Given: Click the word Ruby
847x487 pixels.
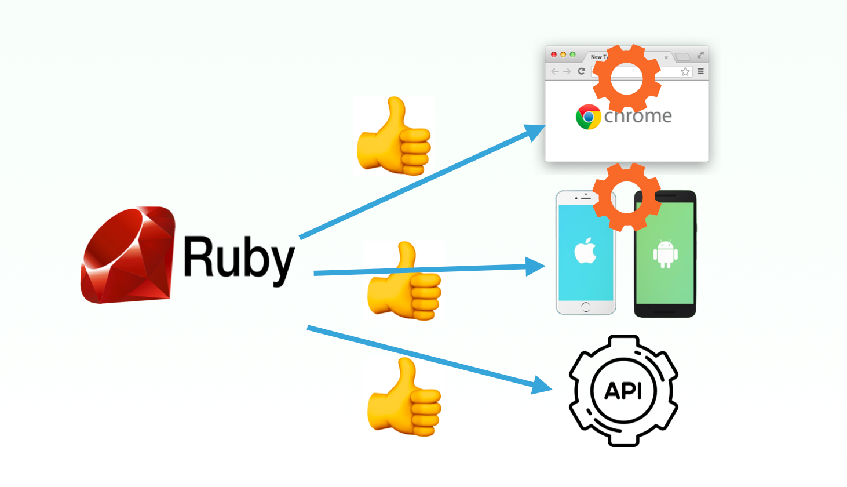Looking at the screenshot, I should coord(239,258).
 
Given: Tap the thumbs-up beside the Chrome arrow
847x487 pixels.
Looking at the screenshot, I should coord(394,137).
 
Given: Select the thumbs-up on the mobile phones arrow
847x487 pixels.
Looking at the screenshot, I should coord(404,282).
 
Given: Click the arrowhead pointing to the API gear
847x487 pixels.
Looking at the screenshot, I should coord(541,385).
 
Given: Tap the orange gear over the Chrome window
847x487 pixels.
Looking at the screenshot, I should coord(626,78).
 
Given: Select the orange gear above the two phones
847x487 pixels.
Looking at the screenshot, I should coord(626,197).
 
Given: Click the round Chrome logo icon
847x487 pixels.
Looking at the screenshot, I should coord(588,117).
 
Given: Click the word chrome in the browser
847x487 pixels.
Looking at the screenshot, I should coord(638,116).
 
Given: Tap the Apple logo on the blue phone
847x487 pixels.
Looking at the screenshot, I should coord(585,251).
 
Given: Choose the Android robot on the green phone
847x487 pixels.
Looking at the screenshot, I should coord(665,253).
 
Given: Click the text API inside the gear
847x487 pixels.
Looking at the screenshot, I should coord(623,391).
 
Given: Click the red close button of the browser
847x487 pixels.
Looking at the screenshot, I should coord(554,54).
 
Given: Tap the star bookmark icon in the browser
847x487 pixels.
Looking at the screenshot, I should coord(685,71).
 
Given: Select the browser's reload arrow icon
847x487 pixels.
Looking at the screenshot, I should coord(581,71).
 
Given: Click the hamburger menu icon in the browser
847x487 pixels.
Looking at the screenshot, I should coord(700,71).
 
